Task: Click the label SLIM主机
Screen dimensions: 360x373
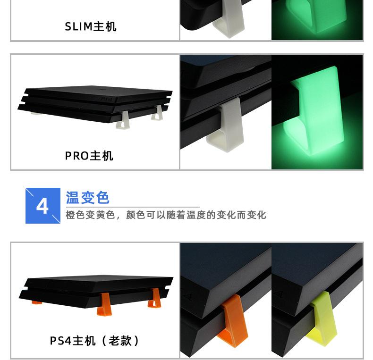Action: (90, 27)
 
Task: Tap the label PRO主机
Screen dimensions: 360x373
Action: (89, 156)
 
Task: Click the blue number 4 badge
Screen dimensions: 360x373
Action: (42, 206)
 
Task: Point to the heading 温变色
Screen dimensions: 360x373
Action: (88, 197)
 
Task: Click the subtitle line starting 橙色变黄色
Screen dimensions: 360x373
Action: (166, 215)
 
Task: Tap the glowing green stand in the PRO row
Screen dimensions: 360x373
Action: (312, 113)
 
